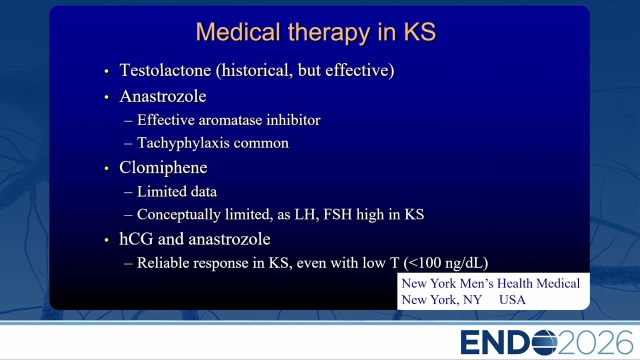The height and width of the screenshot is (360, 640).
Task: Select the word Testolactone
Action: click(165, 70)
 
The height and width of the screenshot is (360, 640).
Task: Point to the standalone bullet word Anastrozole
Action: click(163, 96)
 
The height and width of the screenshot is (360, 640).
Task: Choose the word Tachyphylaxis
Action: click(183, 143)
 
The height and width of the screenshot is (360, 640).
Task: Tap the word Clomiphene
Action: click(163, 167)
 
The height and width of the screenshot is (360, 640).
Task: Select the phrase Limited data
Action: click(177, 191)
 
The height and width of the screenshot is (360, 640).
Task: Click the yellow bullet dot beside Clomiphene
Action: click(107, 168)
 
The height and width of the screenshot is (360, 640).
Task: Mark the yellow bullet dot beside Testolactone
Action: click(107, 71)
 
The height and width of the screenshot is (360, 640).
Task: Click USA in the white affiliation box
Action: click(512, 299)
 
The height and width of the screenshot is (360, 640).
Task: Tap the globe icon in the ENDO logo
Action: click(544, 342)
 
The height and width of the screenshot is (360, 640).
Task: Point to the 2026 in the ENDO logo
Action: click(595, 342)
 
